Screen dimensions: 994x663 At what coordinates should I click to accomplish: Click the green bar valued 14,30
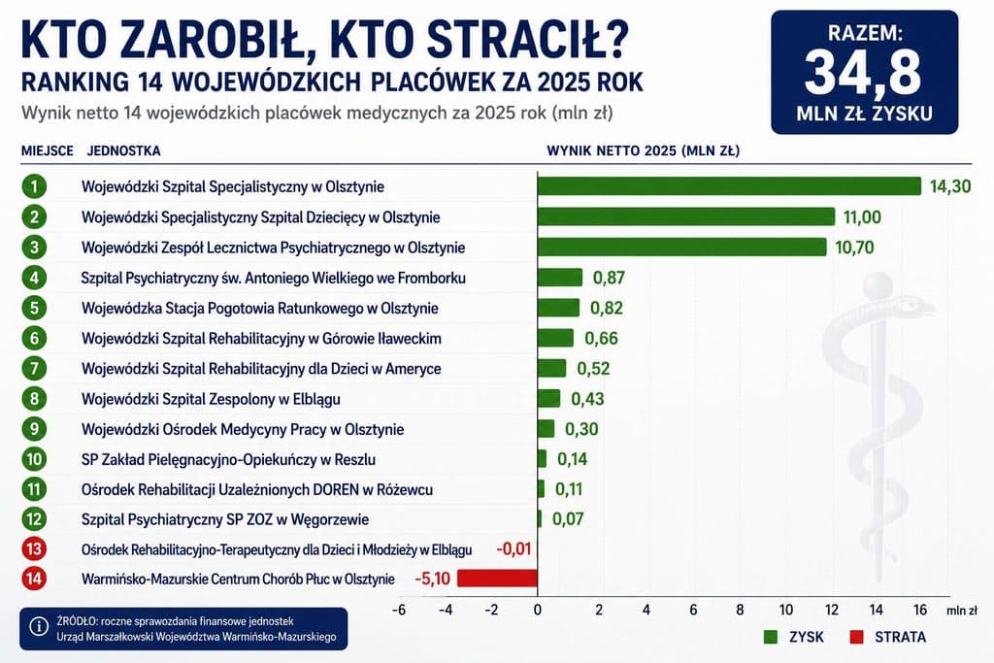pos(729,185)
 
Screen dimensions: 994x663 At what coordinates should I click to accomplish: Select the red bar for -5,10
pos(497,579)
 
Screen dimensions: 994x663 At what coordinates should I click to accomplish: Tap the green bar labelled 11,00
pos(686,216)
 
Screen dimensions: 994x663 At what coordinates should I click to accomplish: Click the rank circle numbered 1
pos(34,186)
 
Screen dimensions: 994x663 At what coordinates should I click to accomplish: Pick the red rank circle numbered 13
pos(34,548)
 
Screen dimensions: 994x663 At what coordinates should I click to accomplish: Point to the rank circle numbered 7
pos(34,368)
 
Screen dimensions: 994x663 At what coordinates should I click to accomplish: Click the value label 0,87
pos(609,278)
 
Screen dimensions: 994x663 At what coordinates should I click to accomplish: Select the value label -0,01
pos(514,548)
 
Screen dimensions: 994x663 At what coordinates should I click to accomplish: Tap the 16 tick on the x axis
pos(920,610)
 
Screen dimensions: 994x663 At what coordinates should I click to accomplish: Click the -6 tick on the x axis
pos(399,610)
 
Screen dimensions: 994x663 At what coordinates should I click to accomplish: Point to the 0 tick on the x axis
pos(538,610)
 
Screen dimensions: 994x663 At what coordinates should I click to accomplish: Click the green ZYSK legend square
pos(771,637)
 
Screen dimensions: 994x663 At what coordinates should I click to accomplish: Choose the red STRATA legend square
pos(856,637)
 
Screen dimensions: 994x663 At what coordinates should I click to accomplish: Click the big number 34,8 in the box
pos(863,73)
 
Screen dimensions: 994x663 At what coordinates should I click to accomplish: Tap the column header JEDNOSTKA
pos(123,150)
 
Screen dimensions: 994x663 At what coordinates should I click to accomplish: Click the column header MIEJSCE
pos(48,150)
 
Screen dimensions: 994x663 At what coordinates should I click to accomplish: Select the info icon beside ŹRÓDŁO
pos(39,627)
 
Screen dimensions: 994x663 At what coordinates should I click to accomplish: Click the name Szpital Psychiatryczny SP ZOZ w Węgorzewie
pos(225,519)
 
